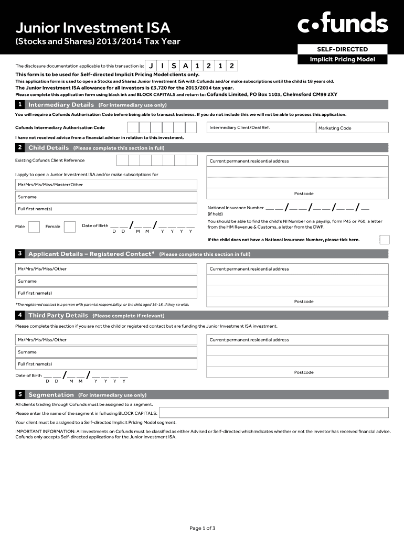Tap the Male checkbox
pos(34,227)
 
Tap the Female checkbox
pos(69,227)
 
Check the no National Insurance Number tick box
pos(384,240)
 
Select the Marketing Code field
pos(352,128)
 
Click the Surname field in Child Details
pos(107,197)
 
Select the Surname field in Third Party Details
pos(107,352)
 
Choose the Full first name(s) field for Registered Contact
pos(107,293)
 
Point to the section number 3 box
pos(19,254)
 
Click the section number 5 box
pos(19,394)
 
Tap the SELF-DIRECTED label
pos(342,49)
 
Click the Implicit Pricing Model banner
pos(342,59)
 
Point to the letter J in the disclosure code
pos(151,66)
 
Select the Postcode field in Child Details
pos(297,194)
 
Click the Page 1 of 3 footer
pos(202,528)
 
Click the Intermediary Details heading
pos(61,105)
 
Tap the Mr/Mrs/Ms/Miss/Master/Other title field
pos(107,185)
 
